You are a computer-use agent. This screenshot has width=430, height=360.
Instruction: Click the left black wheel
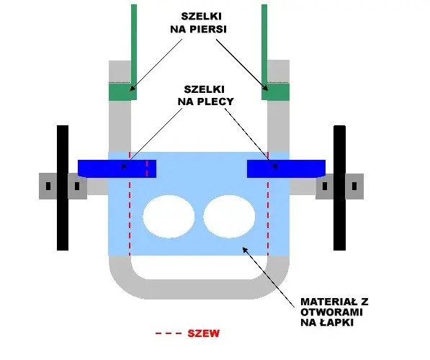[x=63, y=188]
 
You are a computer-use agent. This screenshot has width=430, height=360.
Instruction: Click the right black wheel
[x=339, y=188]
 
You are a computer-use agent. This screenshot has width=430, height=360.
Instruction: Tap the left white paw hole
[x=169, y=216]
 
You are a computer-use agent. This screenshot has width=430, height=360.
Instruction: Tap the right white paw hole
[x=229, y=216]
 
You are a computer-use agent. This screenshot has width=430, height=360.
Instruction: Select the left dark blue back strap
[x=117, y=168]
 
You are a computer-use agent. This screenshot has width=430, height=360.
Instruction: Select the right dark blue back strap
[x=286, y=168]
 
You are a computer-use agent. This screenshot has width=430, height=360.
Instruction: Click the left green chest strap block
[x=122, y=92]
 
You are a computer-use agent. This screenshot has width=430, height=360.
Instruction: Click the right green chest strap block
[x=276, y=92]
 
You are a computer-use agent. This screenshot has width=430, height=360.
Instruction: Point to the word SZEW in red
[x=204, y=333]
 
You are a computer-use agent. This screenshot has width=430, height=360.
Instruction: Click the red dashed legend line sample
[x=169, y=333]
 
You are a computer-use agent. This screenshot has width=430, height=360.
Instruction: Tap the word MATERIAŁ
[x=327, y=302]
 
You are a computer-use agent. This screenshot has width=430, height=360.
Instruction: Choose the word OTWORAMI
[x=331, y=312]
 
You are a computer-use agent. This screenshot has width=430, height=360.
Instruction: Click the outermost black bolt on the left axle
[x=48, y=186]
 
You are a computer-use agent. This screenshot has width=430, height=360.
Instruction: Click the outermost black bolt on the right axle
[x=354, y=186]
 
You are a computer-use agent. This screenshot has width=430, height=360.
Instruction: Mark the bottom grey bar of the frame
[x=199, y=289]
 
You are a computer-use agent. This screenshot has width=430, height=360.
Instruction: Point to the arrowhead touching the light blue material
[x=245, y=250]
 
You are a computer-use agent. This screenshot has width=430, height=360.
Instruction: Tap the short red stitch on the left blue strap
[x=147, y=168]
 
